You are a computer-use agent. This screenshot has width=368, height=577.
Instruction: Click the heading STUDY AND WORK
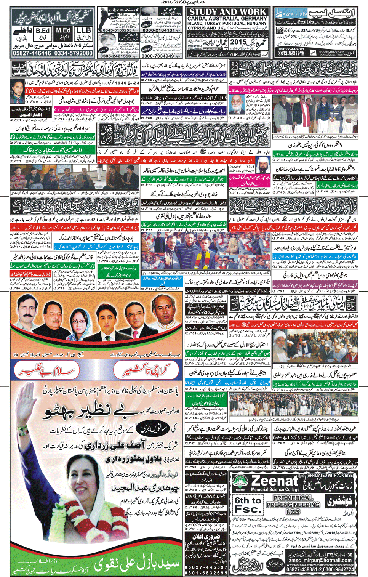pos(227,12)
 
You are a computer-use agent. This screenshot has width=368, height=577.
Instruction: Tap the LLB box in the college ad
pos(83,31)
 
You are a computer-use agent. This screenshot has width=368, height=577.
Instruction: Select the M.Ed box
pos(63,31)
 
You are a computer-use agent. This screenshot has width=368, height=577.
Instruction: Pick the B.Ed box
pos(42,31)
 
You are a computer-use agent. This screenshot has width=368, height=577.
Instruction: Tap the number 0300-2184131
pos(159,30)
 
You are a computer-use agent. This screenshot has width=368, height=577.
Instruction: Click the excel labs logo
pos(294,14)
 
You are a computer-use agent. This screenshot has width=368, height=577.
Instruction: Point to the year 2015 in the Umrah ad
pos(239,42)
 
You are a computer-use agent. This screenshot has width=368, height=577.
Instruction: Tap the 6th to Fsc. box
pos(248,505)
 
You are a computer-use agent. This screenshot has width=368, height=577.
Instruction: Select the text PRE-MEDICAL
pos(293,498)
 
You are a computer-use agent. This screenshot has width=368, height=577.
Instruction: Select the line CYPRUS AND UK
pos(206,28)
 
